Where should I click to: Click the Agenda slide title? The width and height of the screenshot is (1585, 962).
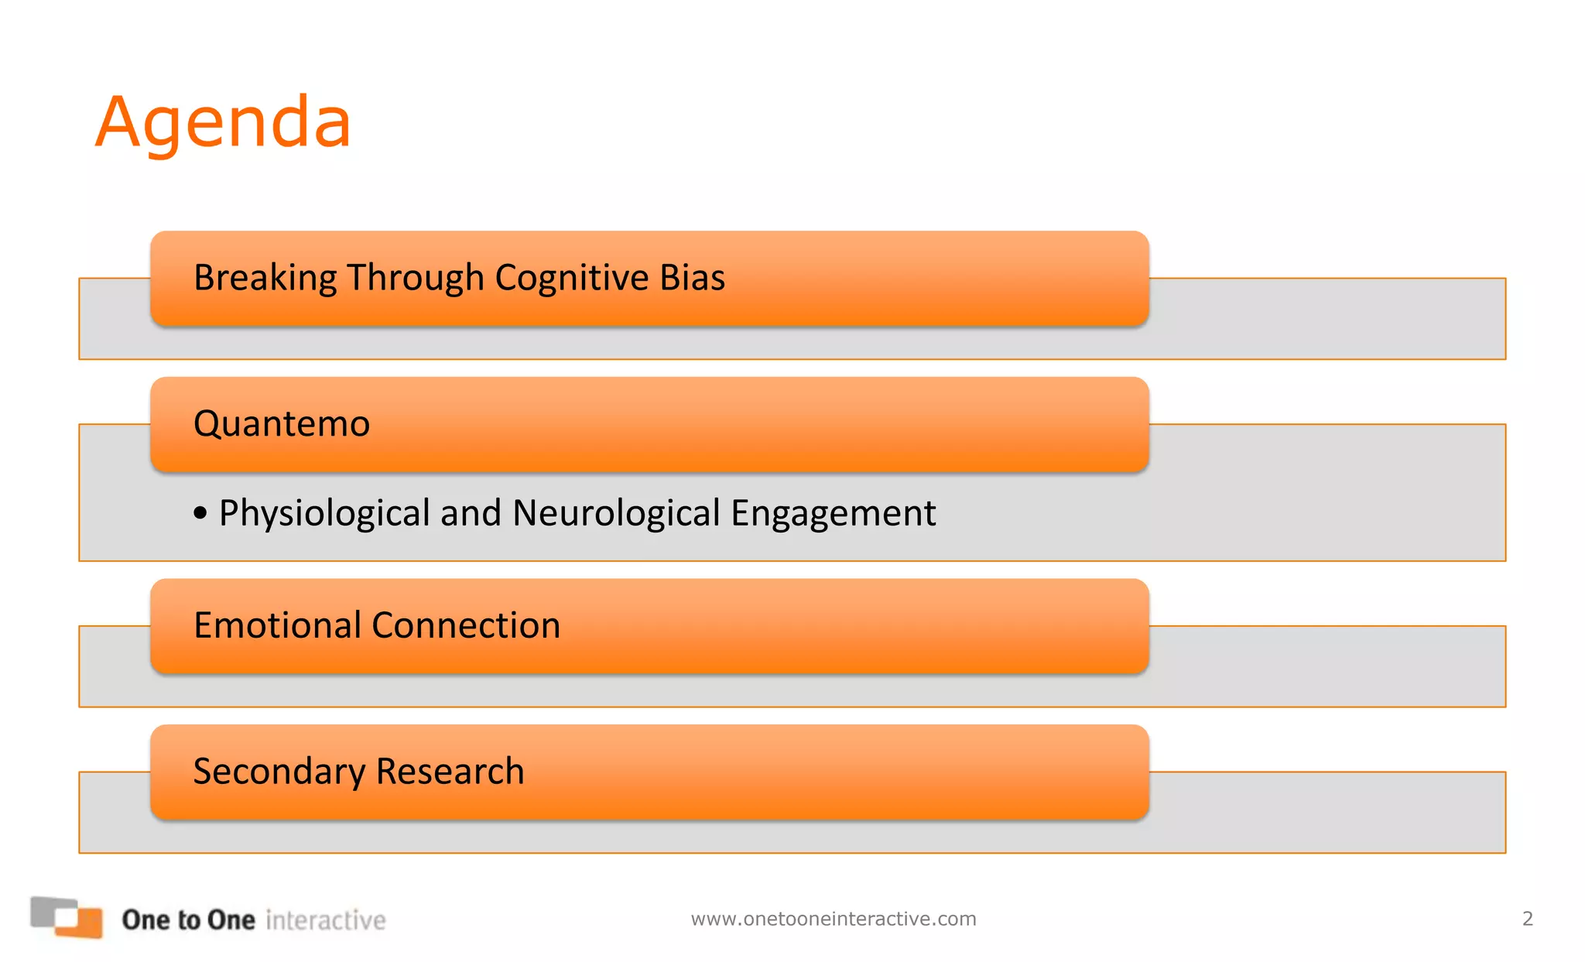click(223, 122)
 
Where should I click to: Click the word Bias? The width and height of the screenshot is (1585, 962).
click(692, 278)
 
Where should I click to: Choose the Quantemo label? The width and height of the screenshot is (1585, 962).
click(282, 424)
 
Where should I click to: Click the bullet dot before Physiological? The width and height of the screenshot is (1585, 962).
click(200, 513)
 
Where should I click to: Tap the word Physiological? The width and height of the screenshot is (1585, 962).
click(324, 513)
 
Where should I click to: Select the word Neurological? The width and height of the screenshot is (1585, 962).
click(616, 513)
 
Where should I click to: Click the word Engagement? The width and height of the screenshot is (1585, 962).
click(833, 513)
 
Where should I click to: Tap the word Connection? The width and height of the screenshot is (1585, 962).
click(466, 625)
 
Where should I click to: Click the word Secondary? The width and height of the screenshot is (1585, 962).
click(279, 772)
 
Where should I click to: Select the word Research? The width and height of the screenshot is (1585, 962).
click(450, 772)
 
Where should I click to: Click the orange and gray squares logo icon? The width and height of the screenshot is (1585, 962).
click(67, 917)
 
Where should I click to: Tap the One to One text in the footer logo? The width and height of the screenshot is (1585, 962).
click(188, 919)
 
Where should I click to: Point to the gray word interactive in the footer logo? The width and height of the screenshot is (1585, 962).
click(325, 920)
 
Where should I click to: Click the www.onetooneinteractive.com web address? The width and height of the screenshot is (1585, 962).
click(834, 919)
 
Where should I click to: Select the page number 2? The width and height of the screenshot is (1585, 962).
click(1527, 919)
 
